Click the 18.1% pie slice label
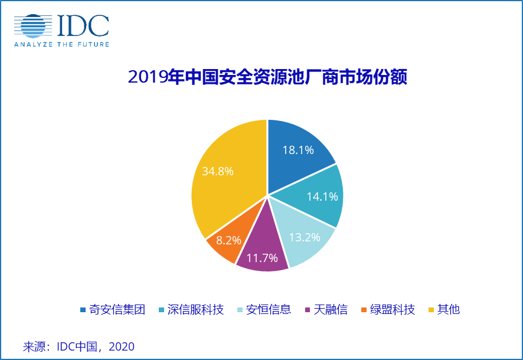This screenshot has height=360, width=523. tap(298, 150)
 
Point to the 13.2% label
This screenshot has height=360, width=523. tap(305, 238)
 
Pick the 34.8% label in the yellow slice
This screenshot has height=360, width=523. tap(218, 172)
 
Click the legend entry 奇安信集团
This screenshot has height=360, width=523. tap(116, 309)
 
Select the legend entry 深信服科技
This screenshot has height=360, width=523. tap(195, 309)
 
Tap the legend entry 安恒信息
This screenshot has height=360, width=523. tap(269, 309)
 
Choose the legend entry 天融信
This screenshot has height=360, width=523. tap(331, 309)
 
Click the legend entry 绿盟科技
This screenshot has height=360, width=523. tap(392, 309)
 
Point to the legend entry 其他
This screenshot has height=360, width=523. tap(448, 309)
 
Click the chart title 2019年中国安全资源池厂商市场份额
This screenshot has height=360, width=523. tap(267, 77)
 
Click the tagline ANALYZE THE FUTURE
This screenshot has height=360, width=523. tap(61, 44)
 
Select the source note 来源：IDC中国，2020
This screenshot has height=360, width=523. tap(79, 346)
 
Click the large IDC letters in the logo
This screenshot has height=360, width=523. tap(83, 25)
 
